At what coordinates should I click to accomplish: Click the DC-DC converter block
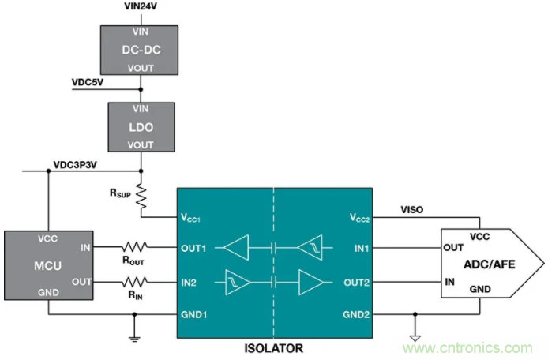[141, 49]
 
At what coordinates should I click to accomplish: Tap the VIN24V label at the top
[142, 6]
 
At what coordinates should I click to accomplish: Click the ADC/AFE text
[490, 264]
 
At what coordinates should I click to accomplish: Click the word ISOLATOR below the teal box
[274, 347]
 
